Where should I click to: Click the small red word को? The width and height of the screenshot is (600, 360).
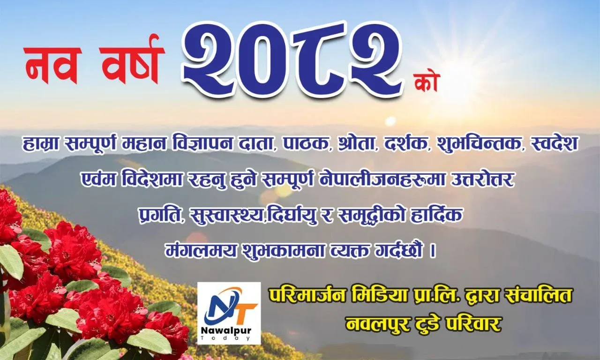pyautogui.click(x=426, y=83)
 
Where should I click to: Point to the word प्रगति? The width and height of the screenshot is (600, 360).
pyautogui.click(x=160, y=216)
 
